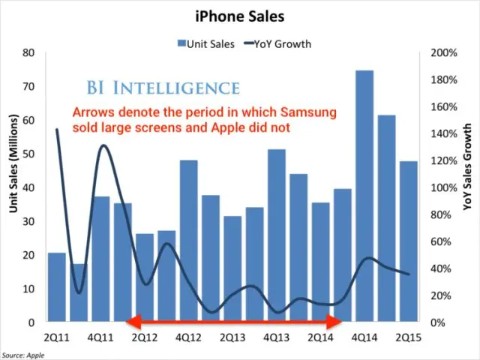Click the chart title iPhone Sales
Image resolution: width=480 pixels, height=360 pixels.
tap(240, 14)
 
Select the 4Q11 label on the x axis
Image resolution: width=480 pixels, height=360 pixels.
tap(100, 338)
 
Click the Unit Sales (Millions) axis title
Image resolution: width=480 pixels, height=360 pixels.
tap(13, 163)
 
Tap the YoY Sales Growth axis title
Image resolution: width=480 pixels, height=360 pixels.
tap(467, 167)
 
